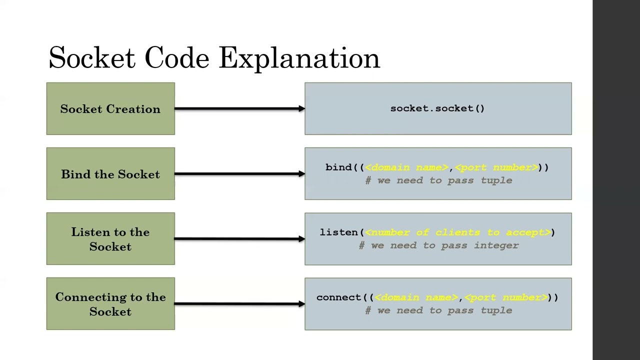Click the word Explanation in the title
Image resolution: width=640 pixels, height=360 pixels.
coord(299,58)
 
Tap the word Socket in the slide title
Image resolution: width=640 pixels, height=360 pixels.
coord(92,58)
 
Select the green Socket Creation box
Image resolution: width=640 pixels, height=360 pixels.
coord(110,109)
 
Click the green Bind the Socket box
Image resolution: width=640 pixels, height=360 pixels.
coord(110,174)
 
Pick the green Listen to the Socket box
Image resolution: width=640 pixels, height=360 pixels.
coord(110,239)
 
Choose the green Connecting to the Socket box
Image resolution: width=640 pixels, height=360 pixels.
coord(110,304)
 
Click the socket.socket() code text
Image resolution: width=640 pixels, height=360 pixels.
coord(437,108)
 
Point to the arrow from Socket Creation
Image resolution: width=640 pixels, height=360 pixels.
coord(239,108)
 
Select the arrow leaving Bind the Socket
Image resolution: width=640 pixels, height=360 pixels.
coord(239,173)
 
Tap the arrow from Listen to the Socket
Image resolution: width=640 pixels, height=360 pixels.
coord(239,238)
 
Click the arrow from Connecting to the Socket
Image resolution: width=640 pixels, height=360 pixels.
coord(239,303)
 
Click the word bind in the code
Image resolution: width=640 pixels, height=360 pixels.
coord(338,167)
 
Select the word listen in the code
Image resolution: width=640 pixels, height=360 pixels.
coord(338,232)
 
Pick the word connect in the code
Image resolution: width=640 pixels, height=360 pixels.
coord(338,297)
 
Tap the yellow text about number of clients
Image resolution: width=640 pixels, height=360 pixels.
coord(458,232)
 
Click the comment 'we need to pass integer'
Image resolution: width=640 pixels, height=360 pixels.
coord(439,245)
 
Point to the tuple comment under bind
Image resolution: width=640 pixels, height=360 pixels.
coord(439,180)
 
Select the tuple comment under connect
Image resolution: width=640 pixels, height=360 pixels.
coord(439,310)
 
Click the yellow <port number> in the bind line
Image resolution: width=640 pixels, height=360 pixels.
coord(496,167)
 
